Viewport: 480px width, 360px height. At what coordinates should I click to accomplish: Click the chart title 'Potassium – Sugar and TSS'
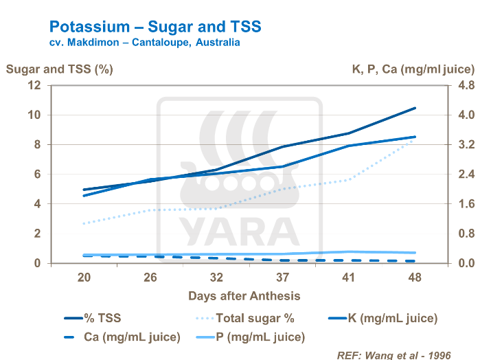click(x=155, y=27)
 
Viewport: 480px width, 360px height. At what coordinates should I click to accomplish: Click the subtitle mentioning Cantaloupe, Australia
click(x=144, y=43)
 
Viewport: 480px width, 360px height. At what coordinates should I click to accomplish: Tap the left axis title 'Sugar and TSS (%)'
click(x=59, y=69)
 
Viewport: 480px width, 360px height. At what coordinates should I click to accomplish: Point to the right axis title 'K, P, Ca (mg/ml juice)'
click(x=413, y=69)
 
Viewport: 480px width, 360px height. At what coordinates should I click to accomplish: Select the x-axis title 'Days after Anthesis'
click(x=244, y=295)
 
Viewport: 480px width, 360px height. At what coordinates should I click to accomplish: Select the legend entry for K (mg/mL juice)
click(x=390, y=318)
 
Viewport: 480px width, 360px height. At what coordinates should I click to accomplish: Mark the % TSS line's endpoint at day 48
click(x=415, y=108)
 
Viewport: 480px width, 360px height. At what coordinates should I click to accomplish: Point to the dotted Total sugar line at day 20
click(x=84, y=224)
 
